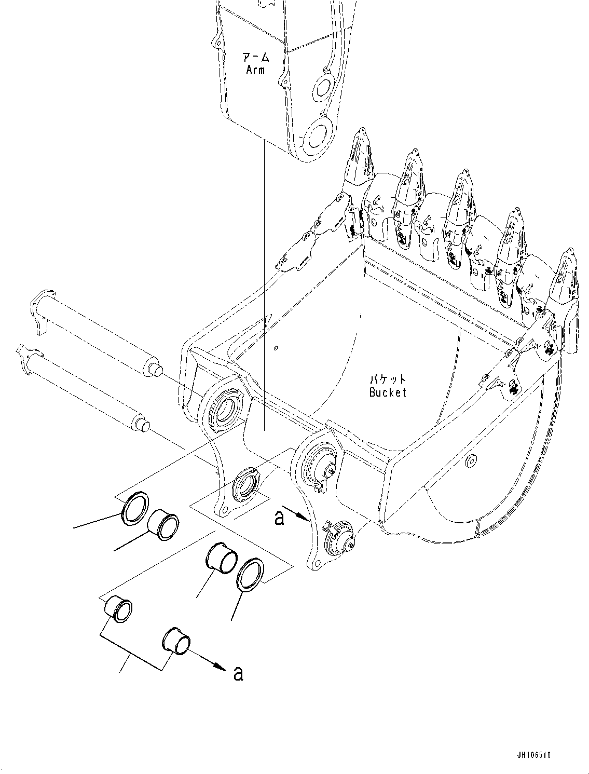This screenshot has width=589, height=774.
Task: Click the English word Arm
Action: click(x=255, y=70)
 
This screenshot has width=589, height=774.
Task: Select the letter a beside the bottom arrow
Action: click(x=238, y=673)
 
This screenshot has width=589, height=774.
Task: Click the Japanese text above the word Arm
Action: click(x=255, y=56)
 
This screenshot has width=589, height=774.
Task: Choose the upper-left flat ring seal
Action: click(x=135, y=506)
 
